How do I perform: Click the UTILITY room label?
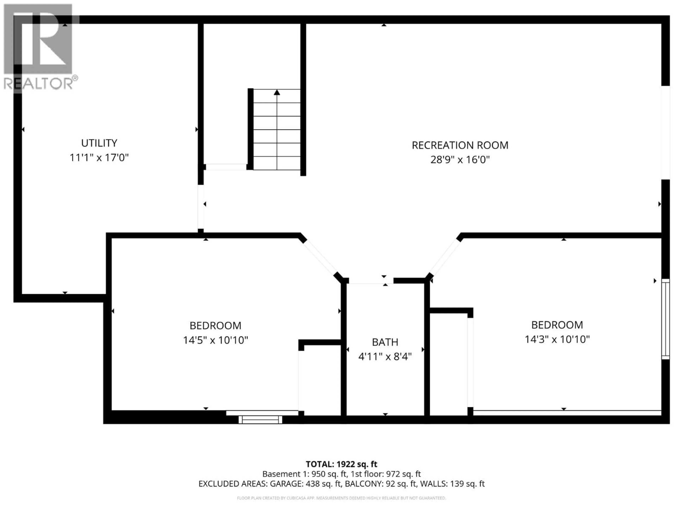[x=99, y=143]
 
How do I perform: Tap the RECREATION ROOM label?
[x=460, y=145]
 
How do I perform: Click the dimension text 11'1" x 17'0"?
[x=99, y=158]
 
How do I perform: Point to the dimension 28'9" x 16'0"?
[x=460, y=160]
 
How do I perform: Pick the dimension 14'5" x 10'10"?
[x=216, y=340]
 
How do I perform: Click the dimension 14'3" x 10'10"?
[x=557, y=339]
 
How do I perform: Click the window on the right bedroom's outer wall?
[x=665, y=319]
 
